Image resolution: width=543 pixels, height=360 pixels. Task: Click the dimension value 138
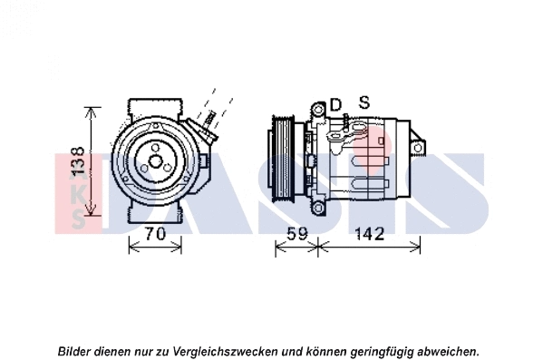pos(79,161)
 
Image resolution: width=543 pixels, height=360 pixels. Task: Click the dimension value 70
pos(155,234)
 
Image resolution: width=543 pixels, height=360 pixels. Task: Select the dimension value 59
pos(296,234)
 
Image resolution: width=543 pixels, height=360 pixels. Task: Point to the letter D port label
pos(335,105)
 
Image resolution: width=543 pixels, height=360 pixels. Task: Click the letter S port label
pos(364,102)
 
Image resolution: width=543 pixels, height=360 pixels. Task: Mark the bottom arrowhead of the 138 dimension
pos(90,218)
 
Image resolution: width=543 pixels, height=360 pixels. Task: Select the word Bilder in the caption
pos(75,350)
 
